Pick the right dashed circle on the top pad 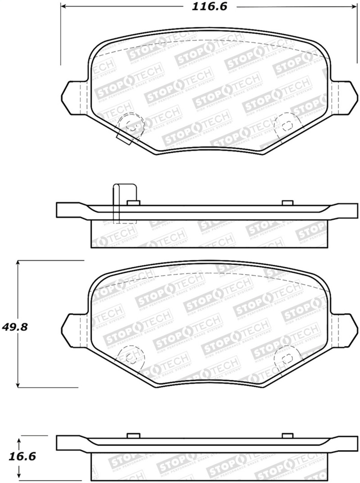point(288,125)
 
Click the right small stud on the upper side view point(288,203)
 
